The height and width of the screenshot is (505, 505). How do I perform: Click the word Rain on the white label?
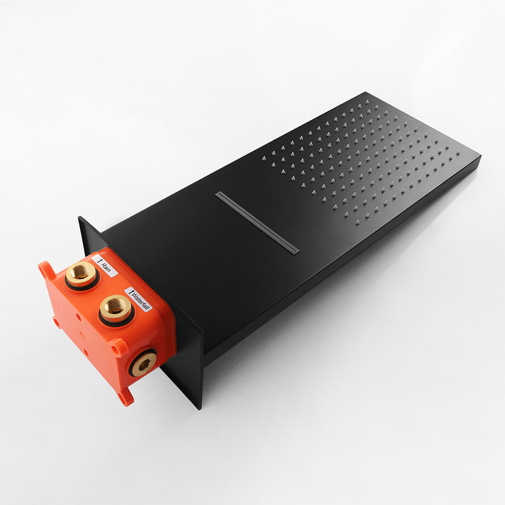coord(106,267)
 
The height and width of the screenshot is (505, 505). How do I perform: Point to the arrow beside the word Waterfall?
coord(131,292)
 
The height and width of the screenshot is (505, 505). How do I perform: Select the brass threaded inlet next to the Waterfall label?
coord(115,307)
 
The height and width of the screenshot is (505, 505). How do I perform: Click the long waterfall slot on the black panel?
coord(257,223)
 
